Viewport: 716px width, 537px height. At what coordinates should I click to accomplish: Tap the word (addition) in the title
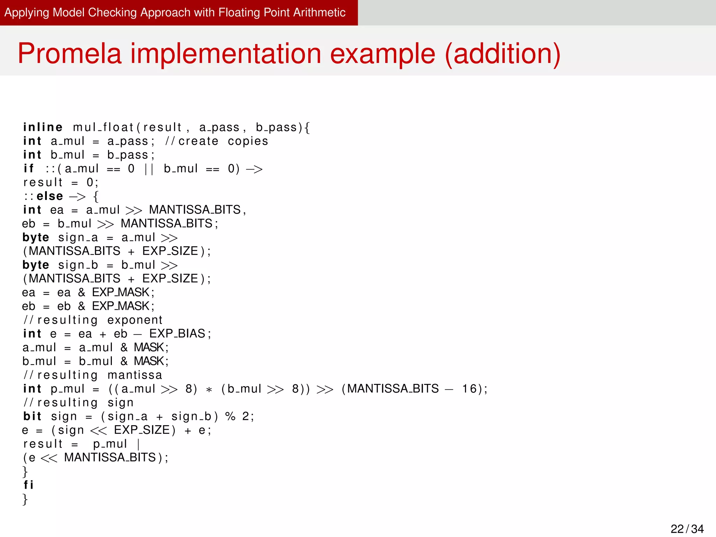click(x=502, y=53)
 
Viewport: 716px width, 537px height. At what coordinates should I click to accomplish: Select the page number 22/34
click(x=687, y=528)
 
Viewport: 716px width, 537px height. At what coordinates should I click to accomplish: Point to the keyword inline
click(x=43, y=127)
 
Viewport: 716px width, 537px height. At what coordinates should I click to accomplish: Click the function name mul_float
click(x=103, y=127)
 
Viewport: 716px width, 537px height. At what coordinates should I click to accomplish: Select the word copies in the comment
click(x=248, y=141)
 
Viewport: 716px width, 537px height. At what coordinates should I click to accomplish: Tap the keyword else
click(x=50, y=196)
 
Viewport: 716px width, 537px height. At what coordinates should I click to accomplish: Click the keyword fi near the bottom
click(x=28, y=485)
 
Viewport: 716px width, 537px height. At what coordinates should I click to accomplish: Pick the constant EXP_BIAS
click(x=177, y=334)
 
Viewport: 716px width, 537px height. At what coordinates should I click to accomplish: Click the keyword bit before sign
click(x=32, y=416)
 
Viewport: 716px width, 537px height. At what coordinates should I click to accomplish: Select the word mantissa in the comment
click(x=135, y=375)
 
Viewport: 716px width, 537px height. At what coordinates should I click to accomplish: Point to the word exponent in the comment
click(x=135, y=320)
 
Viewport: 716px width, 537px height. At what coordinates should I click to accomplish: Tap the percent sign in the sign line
click(x=230, y=416)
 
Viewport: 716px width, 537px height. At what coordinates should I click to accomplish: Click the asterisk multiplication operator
click(x=209, y=389)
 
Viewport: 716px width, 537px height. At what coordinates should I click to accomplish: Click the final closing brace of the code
click(x=25, y=499)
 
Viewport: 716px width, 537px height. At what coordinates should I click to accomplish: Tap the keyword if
click(x=28, y=169)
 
